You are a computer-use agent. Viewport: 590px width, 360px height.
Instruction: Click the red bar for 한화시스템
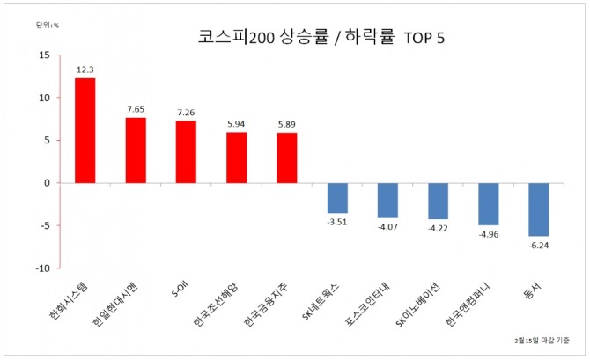point(85,130)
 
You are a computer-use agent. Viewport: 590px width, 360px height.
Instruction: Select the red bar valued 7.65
point(136,151)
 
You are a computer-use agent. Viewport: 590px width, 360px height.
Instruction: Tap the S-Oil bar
point(186,152)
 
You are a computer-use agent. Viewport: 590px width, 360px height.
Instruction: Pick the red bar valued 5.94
point(236,158)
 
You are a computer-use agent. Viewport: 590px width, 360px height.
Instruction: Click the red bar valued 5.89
point(286,158)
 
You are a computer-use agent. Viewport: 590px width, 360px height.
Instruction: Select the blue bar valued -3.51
point(337,198)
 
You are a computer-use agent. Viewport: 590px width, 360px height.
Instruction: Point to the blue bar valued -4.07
point(387,201)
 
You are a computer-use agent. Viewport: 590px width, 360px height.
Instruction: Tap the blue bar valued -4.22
point(438,202)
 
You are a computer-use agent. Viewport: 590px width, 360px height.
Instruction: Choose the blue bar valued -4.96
point(488,204)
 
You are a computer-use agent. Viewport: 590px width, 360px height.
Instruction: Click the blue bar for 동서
point(538,209)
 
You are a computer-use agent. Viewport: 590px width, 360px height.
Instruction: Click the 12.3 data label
point(85,69)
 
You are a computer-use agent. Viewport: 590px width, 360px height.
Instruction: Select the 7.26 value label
point(186,112)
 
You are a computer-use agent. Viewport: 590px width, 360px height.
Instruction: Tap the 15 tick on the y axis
point(44,55)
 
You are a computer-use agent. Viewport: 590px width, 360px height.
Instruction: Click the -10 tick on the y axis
point(41,268)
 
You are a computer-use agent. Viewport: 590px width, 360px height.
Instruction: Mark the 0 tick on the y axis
point(47,183)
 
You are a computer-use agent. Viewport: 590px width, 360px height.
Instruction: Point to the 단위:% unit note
point(47,25)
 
